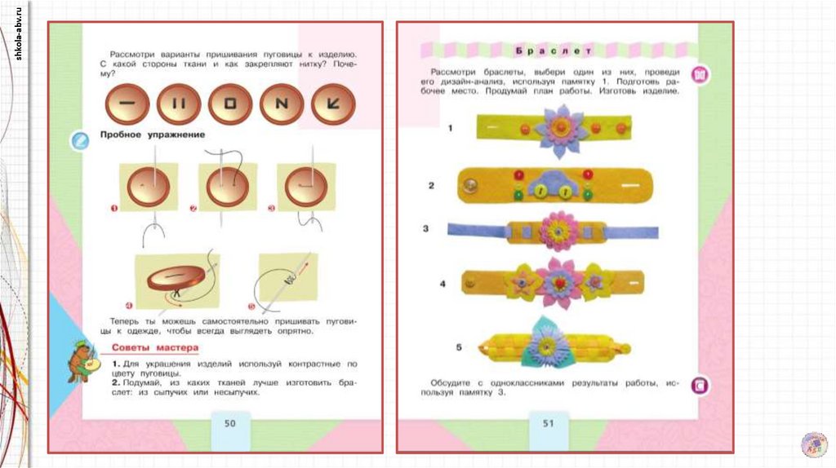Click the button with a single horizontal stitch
[x=128, y=104]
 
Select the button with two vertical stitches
[x=180, y=104]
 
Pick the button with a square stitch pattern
[x=231, y=104]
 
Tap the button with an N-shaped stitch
[x=282, y=104]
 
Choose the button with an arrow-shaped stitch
[x=333, y=104]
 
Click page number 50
[x=229, y=423]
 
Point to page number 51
[x=547, y=423]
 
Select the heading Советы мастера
[x=144, y=348]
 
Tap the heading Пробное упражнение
[x=152, y=134]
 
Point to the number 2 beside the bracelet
[x=431, y=186]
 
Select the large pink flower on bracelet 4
[x=558, y=282]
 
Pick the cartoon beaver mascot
[x=85, y=360]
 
